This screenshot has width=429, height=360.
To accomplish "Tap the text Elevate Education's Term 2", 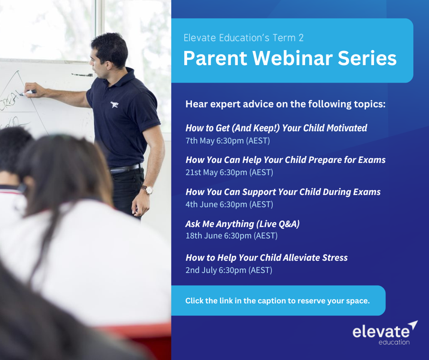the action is pos(243,38).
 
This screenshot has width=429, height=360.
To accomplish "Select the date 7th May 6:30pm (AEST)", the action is pos(228,141).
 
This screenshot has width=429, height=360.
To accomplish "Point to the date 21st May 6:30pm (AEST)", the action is pos(229,172).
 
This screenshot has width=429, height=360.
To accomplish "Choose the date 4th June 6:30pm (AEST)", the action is pos(229,204).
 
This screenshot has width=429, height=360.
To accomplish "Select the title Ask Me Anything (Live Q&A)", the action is pos(242,224).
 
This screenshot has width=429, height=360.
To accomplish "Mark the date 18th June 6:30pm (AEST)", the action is pos(232,236).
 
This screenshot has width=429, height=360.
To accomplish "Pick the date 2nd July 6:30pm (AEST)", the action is pos(229,270).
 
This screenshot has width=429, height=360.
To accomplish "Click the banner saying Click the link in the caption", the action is pos(278,301).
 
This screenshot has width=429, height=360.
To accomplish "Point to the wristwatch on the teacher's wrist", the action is pos(149,189).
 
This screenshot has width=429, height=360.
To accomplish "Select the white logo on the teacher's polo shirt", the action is pos(114,105).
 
